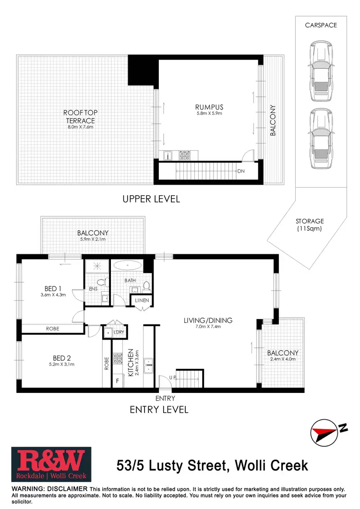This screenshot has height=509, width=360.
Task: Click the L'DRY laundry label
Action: tap(119, 332)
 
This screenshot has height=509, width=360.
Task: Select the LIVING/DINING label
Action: tap(208, 320)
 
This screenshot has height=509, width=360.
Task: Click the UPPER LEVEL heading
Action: tap(151, 199)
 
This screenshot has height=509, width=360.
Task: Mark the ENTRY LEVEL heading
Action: tap(159, 410)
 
